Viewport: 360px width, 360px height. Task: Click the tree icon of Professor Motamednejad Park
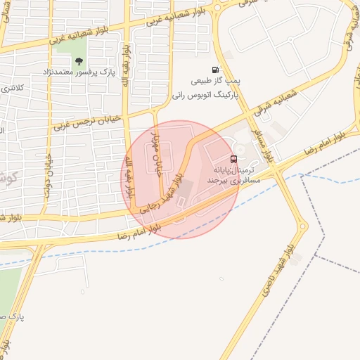(79, 61)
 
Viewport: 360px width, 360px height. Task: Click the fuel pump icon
(214, 70)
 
